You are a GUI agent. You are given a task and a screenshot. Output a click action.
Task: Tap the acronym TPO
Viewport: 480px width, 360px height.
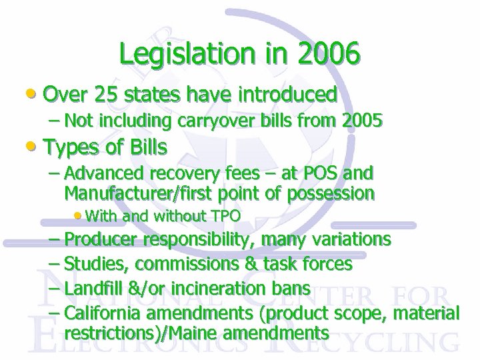click(x=226, y=216)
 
